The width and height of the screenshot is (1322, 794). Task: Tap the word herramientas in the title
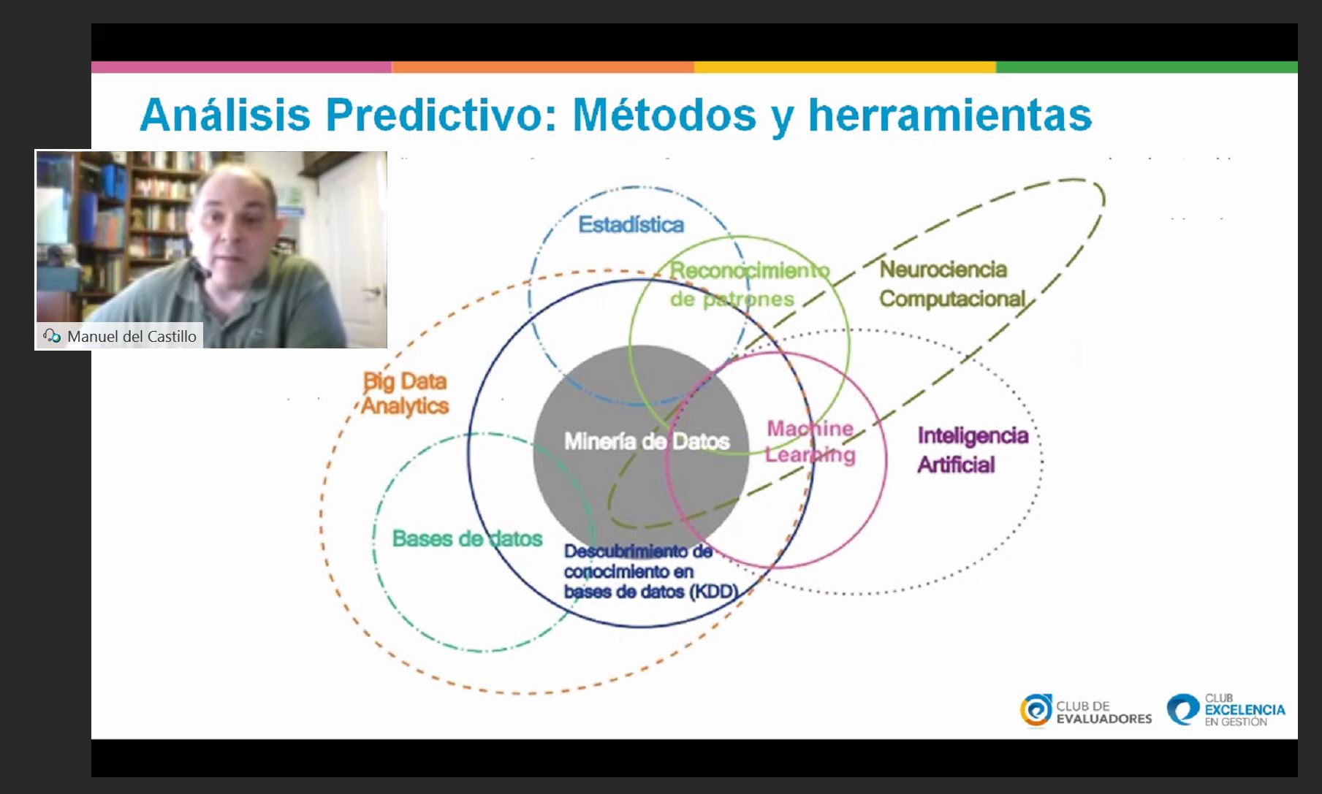tap(949, 115)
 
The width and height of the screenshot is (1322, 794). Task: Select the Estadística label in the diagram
tap(631, 224)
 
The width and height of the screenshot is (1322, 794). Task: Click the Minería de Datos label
tap(647, 441)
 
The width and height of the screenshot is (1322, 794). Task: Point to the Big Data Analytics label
tap(405, 394)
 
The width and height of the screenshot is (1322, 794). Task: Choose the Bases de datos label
tap(467, 538)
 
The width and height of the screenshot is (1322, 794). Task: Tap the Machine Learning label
tap(810, 442)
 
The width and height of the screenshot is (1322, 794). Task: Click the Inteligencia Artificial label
tap(973, 449)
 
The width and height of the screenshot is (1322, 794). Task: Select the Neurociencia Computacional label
tap(952, 284)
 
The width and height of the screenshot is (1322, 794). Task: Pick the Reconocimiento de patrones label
tap(749, 284)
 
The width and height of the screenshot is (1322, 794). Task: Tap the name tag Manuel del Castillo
tap(132, 336)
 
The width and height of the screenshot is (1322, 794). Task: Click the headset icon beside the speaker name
tap(52, 336)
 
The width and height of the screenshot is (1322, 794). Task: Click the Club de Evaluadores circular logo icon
tap(1036, 711)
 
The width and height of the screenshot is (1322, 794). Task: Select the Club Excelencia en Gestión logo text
tap(1245, 710)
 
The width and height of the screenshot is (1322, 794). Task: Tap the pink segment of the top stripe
tap(241, 67)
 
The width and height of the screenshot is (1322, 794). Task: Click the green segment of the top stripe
tap(1147, 67)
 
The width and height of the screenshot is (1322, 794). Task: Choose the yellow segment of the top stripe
tap(845, 67)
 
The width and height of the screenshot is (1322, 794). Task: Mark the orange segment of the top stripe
tap(543, 67)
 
